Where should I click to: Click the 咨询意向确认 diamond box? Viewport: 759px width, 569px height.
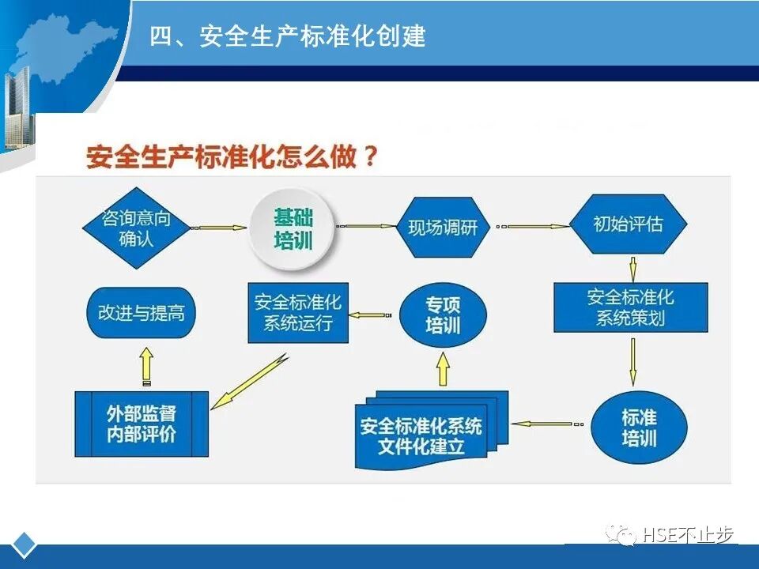pyautogui.click(x=137, y=227)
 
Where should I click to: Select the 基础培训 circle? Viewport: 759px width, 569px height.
pyautogui.click(x=293, y=228)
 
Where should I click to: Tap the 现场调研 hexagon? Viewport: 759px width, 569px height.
pyautogui.click(x=443, y=228)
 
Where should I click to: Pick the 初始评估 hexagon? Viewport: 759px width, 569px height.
pyautogui.click(x=629, y=224)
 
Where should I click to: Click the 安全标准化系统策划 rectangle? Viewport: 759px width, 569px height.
pyautogui.click(x=630, y=307)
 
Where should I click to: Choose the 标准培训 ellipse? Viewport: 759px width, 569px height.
pyautogui.click(x=639, y=427)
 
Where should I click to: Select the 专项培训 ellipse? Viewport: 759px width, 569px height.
pyautogui.click(x=443, y=315)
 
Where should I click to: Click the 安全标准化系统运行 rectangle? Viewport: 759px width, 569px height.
pyautogui.click(x=298, y=313)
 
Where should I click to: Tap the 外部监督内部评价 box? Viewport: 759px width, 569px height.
pyautogui.click(x=142, y=424)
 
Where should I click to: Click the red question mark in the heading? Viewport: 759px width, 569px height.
pyautogui.click(x=368, y=156)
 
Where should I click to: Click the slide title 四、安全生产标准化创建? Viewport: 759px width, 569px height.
pyautogui.click(x=288, y=36)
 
